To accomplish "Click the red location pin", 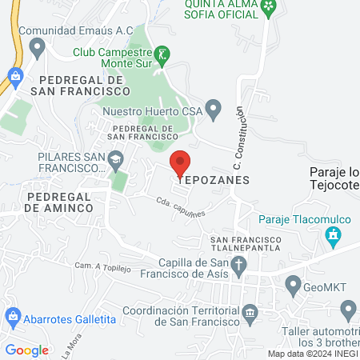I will pyautogui.click(x=181, y=162).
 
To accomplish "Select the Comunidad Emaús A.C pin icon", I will pyautogui.click(x=36, y=48).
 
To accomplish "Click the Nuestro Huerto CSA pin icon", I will pyautogui.click(x=213, y=109).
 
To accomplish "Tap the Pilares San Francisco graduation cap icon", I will pyautogui.click(x=116, y=159).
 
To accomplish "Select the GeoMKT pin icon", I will pyautogui.click(x=293, y=284).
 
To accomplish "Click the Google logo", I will pyautogui.click(x=26, y=350).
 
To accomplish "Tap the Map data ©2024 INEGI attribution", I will pyautogui.click(x=312, y=354).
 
